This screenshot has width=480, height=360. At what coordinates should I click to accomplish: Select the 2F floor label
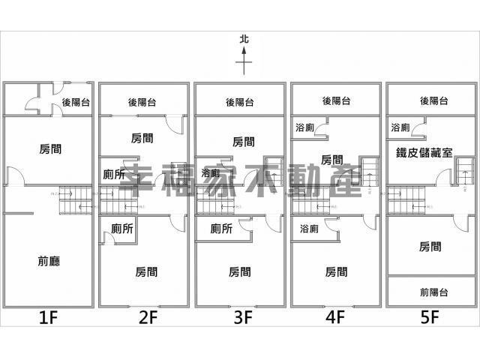pos(147,317)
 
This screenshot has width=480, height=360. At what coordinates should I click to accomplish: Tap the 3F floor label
pos(241,317)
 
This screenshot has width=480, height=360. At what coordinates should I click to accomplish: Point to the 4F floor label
pos(335,317)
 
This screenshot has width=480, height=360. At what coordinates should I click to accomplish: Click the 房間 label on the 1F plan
pos(51,149)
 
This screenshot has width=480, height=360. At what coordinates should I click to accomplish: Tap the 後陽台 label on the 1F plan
pos(76,103)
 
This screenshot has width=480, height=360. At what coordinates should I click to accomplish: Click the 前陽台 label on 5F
pos(434,291)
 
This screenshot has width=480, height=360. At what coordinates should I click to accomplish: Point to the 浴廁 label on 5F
pos(400,128)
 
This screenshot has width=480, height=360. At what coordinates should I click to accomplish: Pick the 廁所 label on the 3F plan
pos(221,229)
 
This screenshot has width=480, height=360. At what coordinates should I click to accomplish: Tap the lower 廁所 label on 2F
pos(121,229)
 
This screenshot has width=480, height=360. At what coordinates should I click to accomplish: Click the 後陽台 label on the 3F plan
pos(239,102)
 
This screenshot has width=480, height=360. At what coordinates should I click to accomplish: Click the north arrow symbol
pos(244,60)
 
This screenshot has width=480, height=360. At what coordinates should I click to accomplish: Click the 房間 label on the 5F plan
pos(430,246)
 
